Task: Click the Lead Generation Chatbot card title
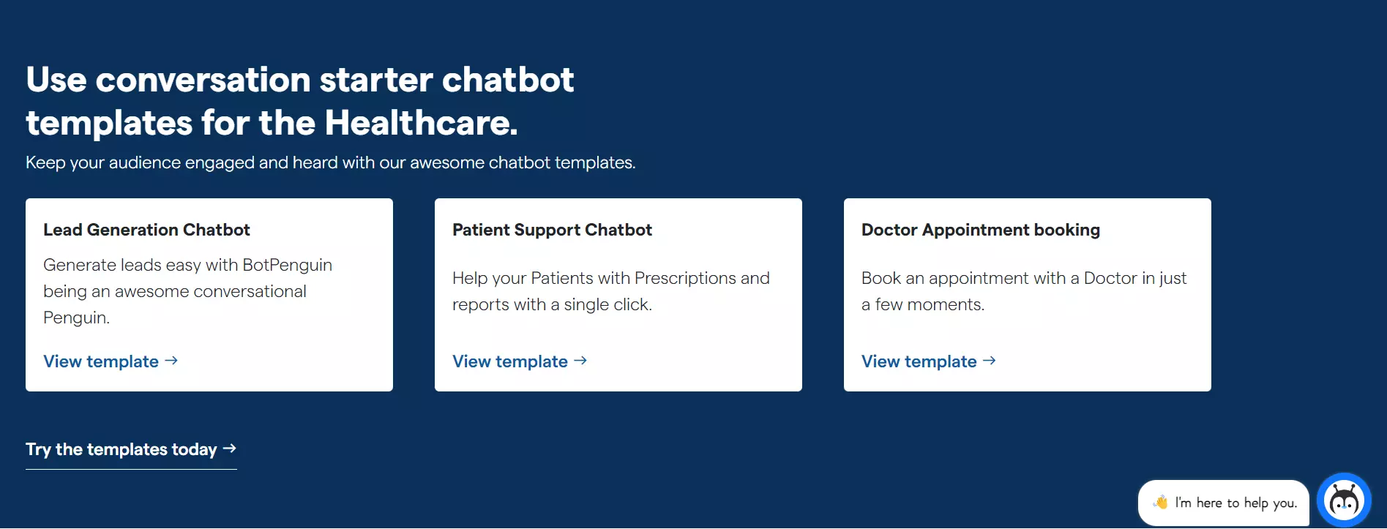[146, 230]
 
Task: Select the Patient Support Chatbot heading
[552, 230]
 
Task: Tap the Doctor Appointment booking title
[981, 230]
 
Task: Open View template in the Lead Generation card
[111, 361]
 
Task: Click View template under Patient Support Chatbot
[520, 361]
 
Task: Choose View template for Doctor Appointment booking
[929, 361]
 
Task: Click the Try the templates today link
[131, 449]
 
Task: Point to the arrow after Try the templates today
[230, 449]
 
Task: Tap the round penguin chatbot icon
[1344, 500]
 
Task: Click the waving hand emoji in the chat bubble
[1161, 502]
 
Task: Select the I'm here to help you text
[1236, 503]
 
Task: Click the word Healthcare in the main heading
[421, 122]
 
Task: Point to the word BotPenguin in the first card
[287, 265]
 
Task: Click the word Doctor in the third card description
[1110, 278]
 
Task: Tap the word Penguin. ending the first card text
[76, 318]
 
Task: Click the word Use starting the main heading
[56, 79]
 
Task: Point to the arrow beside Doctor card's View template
[990, 361]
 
